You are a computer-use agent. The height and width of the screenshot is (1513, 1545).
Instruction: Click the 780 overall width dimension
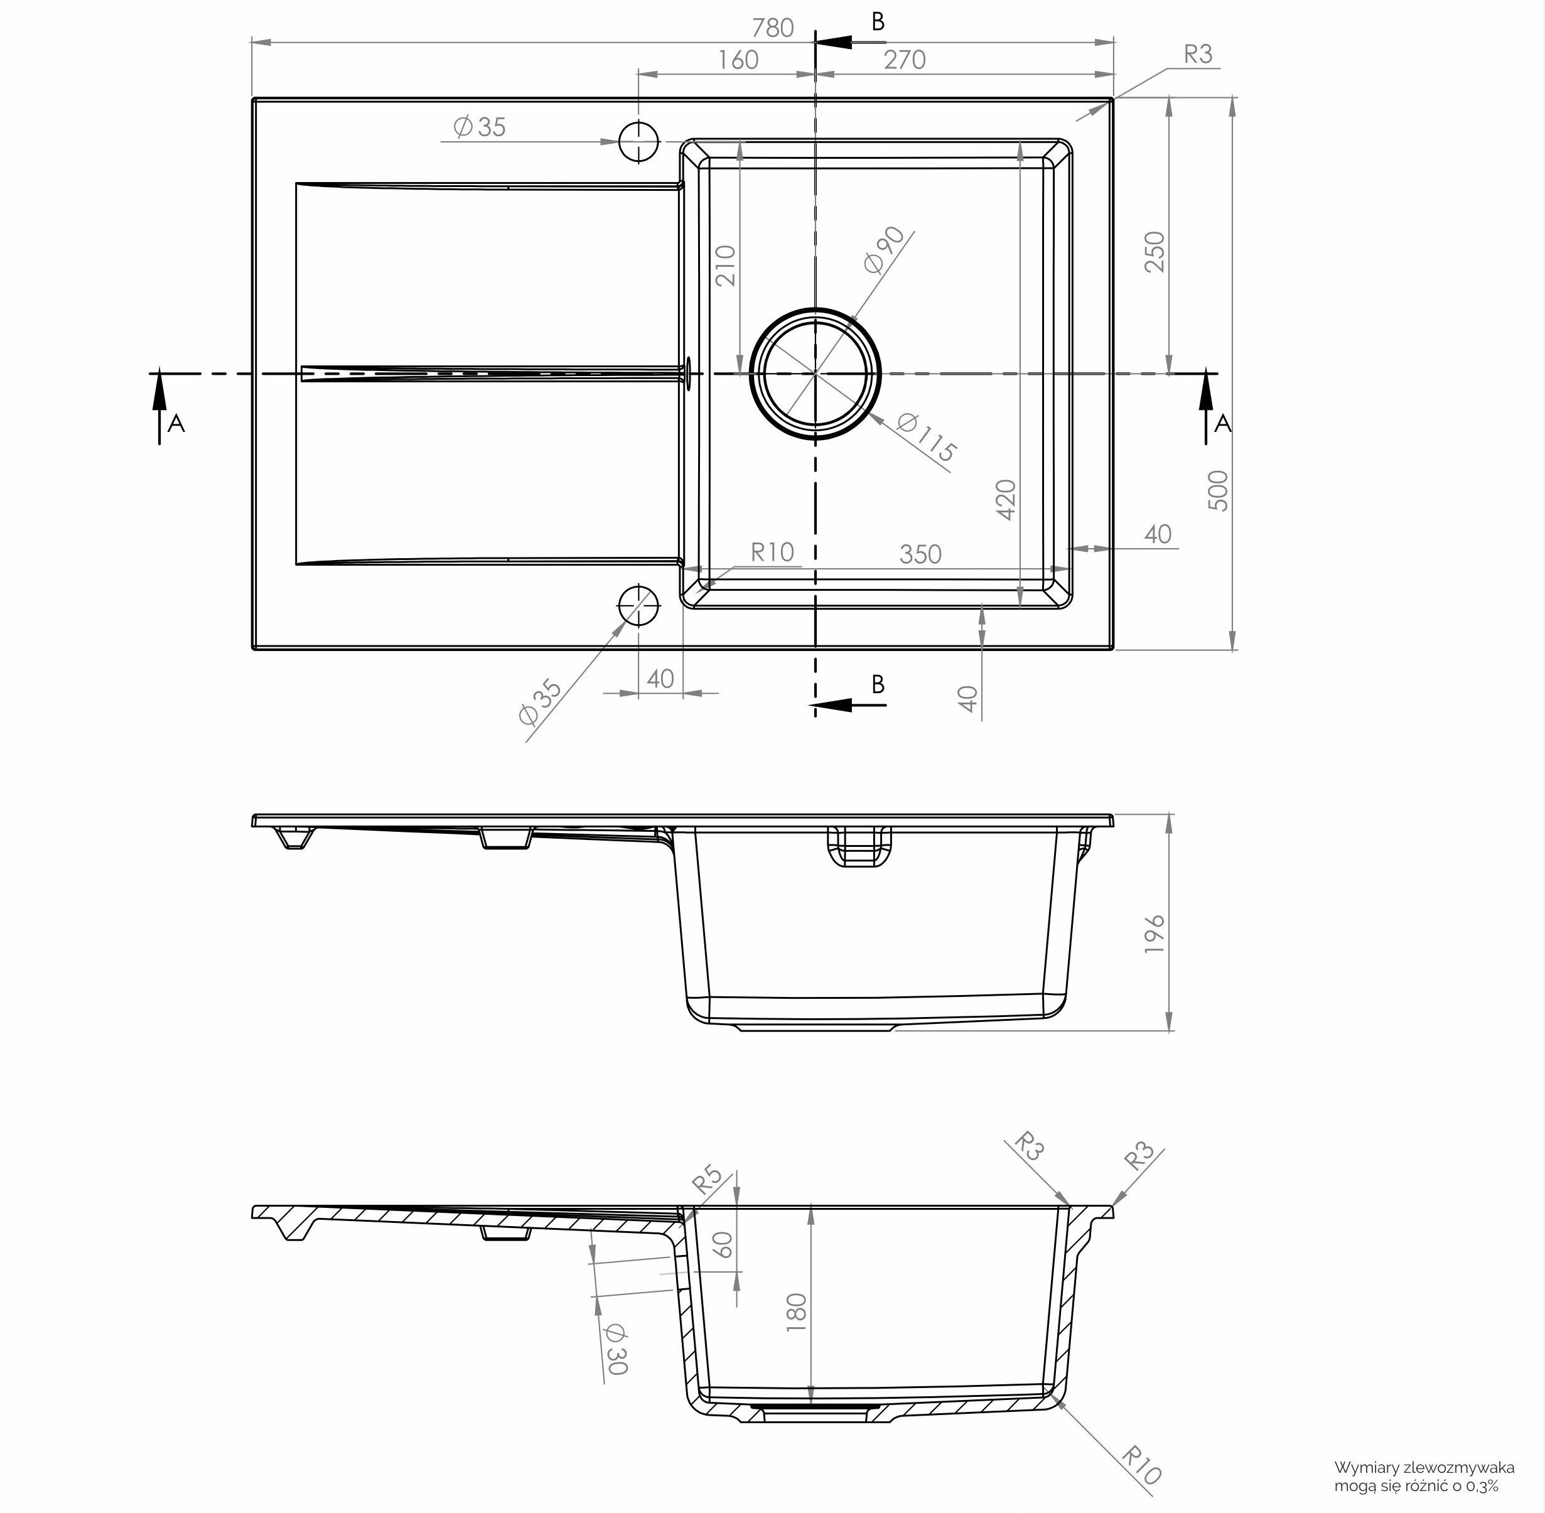click(772, 28)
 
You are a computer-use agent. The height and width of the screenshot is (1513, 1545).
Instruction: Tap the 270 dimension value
click(905, 60)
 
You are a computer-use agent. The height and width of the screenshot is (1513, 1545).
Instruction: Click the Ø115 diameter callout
click(926, 438)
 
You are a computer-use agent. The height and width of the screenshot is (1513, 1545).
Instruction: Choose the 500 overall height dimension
click(1217, 490)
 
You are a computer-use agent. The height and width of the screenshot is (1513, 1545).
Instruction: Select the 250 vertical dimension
click(1154, 251)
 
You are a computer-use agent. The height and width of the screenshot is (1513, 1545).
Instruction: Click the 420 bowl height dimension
click(1006, 500)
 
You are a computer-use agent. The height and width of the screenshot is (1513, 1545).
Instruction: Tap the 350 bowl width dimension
click(920, 554)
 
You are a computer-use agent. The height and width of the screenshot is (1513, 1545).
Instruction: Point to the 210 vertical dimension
click(726, 266)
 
